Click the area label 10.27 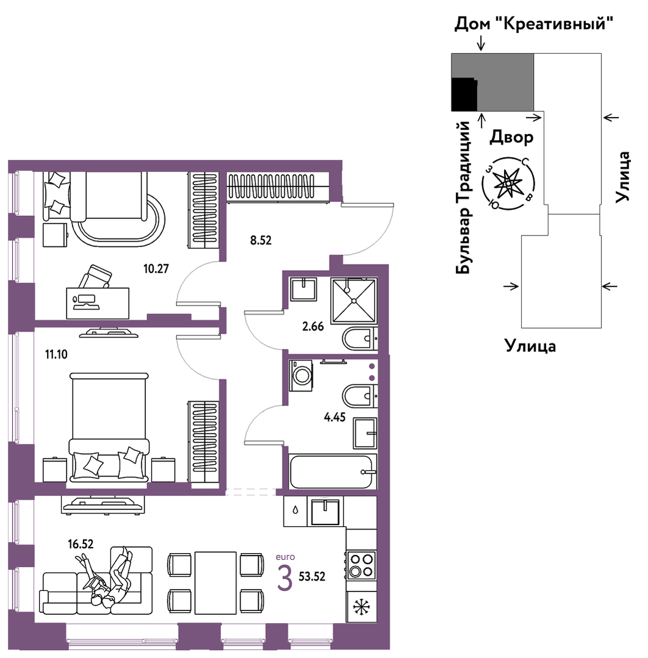156,268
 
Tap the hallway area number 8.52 261,240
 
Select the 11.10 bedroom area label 56,354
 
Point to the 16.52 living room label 81,545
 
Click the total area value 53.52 312,577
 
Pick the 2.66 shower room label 313,326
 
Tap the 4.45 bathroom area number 335,417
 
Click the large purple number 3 285,578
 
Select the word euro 285,557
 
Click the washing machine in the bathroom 301,375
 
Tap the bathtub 331,471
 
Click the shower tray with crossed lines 354,301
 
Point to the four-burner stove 361,565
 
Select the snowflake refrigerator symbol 361,607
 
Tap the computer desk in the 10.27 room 98,303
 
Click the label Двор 511,137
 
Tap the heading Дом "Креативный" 533,24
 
